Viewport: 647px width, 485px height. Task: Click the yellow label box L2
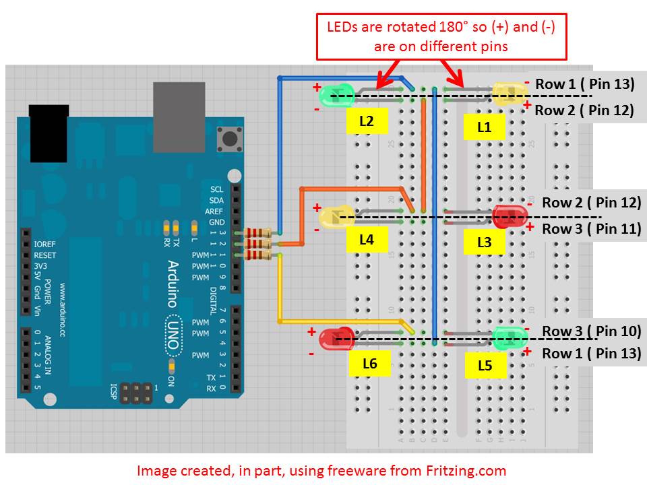367,122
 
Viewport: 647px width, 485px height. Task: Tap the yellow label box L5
485,366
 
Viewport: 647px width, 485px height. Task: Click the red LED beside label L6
338,338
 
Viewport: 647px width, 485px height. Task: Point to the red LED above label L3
510,216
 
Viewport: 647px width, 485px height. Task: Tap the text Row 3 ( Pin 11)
591,228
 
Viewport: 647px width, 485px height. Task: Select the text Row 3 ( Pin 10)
591,331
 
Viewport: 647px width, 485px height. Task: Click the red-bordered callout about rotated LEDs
441,36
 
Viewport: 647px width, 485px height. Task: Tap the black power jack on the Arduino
49,133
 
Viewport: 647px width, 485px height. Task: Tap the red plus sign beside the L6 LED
311,331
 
